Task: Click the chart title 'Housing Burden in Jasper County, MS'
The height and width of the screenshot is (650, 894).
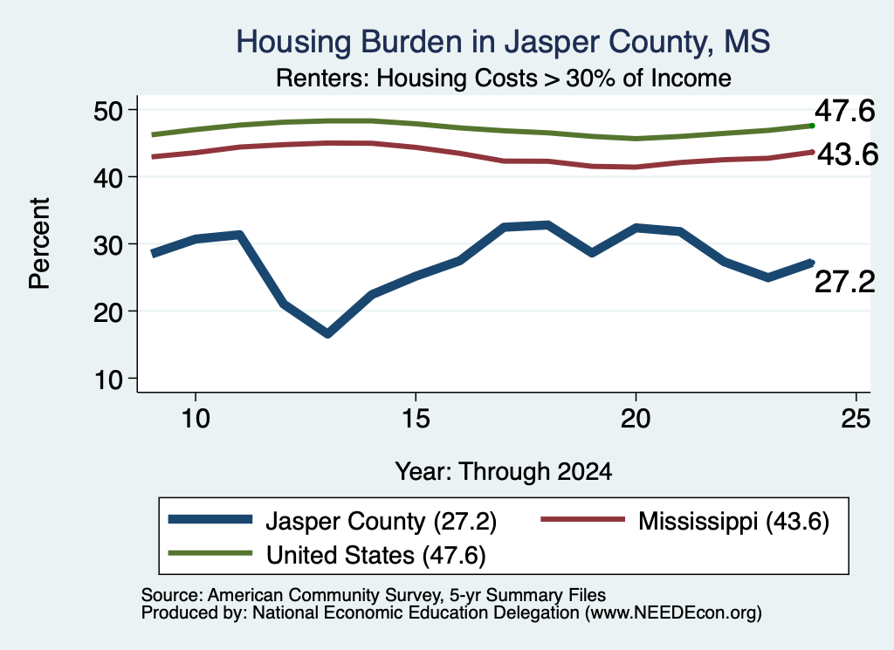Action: [503, 42]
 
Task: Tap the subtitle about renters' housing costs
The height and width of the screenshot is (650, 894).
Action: [504, 78]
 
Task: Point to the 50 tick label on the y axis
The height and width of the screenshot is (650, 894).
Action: [108, 111]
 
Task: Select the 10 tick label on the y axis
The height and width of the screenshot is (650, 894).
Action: [108, 380]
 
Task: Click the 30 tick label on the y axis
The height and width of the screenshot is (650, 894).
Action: [108, 245]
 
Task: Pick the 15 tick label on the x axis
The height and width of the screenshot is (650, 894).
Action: [416, 419]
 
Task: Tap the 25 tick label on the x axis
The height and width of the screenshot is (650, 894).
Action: [856, 419]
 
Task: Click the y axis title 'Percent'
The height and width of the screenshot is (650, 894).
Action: [39, 243]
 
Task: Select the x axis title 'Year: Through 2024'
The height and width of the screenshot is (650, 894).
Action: [504, 472]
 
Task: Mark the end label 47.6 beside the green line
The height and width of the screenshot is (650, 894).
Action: [844, 111]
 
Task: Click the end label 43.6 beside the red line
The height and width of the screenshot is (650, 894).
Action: [848, 154]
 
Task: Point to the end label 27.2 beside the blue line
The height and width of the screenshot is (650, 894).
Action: [844, 282]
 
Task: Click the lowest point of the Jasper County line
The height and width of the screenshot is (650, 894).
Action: [328, 333]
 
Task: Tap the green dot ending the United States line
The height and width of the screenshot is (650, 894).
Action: [812, 126]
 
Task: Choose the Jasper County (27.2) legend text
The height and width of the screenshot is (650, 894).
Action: [381, 521]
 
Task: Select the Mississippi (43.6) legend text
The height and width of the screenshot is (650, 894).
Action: [733, 521]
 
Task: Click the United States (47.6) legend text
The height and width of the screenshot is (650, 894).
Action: [375, 556]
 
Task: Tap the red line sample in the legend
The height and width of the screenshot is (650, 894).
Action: [582, 519]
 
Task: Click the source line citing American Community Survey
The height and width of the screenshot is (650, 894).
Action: [374, 595]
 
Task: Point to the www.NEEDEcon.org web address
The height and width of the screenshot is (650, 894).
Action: [673, 613]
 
